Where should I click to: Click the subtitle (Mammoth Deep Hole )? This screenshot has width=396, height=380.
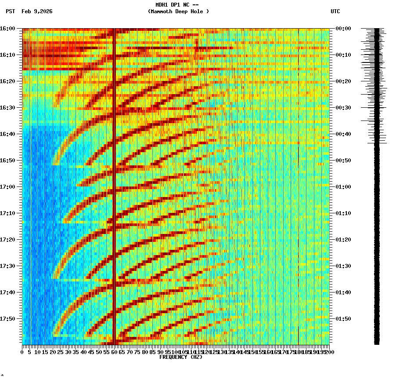(x=178, y=11)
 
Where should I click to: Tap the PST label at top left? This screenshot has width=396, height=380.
(x=11, y=11)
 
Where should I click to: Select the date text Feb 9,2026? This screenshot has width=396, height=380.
(x=37, y=11)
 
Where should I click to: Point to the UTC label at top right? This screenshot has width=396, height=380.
(x=335, y=11)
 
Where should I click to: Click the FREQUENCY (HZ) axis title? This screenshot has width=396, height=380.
(x=180, y=357)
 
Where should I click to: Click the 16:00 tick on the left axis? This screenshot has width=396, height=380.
(x=7, y=29)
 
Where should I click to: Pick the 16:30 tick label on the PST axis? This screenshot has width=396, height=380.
(x=7, y=108)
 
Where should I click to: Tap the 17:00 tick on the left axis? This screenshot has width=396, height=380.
(x=7, y=187)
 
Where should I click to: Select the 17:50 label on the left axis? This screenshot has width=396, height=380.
(x=7, y=319)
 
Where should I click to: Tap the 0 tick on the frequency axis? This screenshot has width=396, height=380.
(x=22, y=352)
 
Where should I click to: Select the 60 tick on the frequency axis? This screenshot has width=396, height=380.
(x=114, y=352)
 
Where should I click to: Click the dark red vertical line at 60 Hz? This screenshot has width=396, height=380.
(x=114, y=176)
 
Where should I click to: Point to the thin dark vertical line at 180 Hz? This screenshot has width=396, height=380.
(x=299, y=176)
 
